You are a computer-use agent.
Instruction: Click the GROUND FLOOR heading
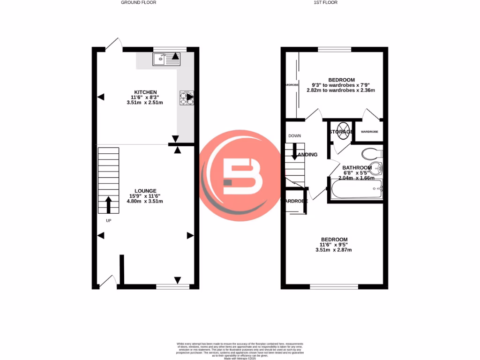[x=138, y=2]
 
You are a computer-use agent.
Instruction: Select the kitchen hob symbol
[x=186, y=97]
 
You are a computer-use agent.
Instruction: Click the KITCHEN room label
[x=145, y=92]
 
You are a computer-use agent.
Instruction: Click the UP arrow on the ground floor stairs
[x=108, y=204]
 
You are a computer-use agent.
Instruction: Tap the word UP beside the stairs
[x=108, y=221]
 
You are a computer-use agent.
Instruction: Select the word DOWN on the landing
[x=294, y=136]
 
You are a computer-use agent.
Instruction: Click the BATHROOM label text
[x=357, y=167]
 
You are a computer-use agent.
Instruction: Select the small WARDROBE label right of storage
[x=369, y=132]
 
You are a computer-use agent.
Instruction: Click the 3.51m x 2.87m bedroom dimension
[x=333, y=250]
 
